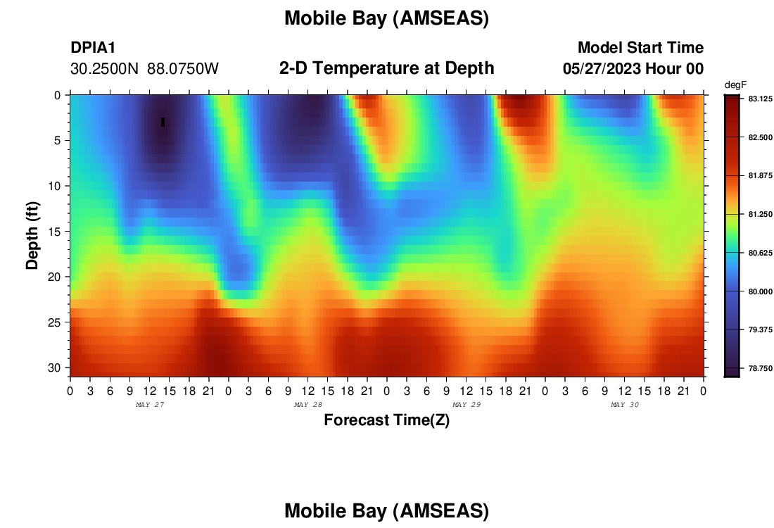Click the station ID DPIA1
pos(93,47)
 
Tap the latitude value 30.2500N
pos(105,69)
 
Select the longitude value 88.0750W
pos(183,69)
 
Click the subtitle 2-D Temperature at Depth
pos(386,68)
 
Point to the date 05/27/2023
pos(602,68)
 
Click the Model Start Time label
pos(641,47)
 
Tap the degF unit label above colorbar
pos(735,85)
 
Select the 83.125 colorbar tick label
pos(760,99)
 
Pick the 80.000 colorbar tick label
pos(760,291)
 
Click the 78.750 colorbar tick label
pos(760,368)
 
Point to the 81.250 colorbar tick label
pos(760,214)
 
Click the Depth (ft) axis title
pos(32,236)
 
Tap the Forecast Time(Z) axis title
pos(386,420)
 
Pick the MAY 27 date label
pos(150,405)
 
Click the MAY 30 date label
pos(624,405)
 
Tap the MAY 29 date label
pos(467,405)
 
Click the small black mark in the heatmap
pos(163,122)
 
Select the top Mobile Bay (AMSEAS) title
pos(386,19)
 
